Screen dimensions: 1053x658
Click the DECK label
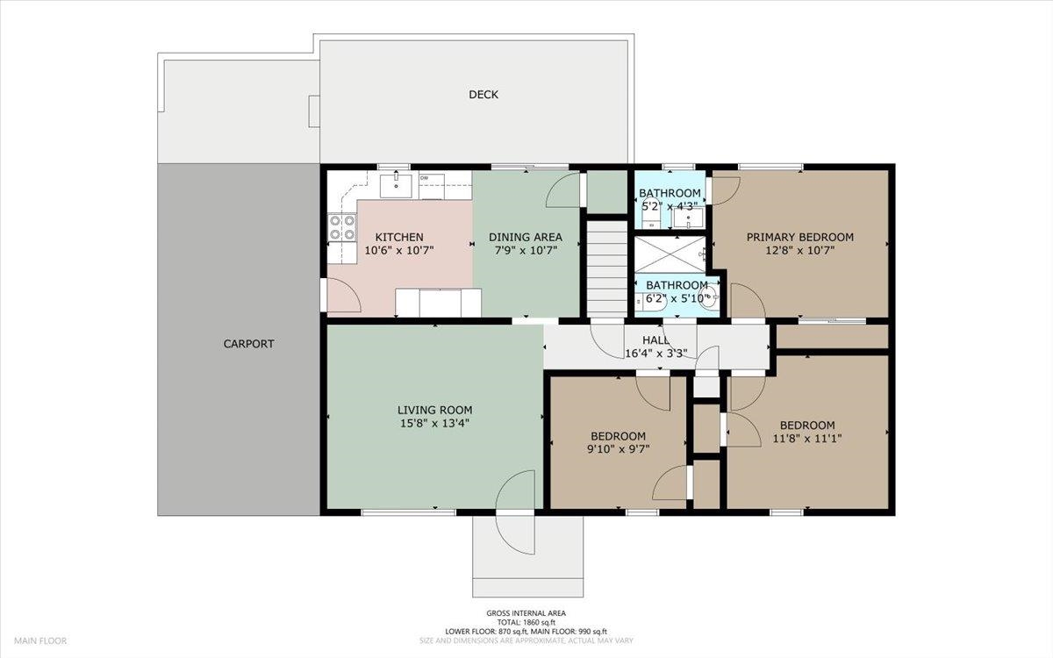click(484, 95)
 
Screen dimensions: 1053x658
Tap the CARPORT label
click(248, 344)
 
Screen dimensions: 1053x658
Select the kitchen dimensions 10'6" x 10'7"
click(399, 251)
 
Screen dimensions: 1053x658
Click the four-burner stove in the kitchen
click(341, 227)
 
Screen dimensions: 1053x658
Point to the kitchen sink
click(396, 186)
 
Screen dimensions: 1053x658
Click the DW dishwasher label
click(424, 178)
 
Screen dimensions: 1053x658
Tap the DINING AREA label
click(526, 238)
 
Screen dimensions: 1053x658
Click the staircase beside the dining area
click(607, 268)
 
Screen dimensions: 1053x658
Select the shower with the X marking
click(670, 254)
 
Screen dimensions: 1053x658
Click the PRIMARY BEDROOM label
click(800, 238)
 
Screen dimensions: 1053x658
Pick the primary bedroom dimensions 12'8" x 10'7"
click(800, 251)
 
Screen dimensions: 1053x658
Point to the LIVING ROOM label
click(435, 410)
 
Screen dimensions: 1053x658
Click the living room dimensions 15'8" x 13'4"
click(435, 424)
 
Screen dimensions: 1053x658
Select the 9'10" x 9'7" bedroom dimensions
click(618, 449)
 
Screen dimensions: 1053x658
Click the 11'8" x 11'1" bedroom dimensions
click(807, 439)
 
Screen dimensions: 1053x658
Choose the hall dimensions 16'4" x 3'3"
click(656, 354)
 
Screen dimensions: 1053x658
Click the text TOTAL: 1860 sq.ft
click(526, 622)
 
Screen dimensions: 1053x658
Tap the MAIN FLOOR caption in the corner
click(40, 640)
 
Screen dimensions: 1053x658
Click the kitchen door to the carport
click(343, 295)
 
